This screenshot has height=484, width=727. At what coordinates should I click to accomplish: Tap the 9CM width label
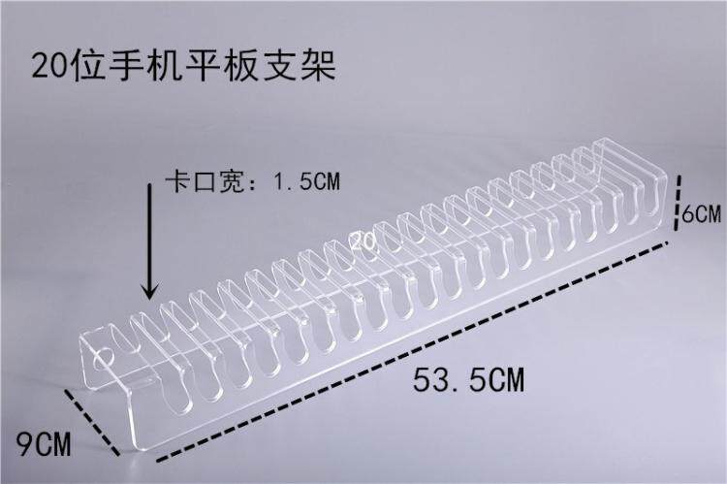(44, 443)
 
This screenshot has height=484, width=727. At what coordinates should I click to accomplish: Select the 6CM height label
(702, 214)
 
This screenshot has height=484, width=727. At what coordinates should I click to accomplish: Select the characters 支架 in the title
(300, 66)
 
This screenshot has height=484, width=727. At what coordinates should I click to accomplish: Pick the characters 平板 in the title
(222, 66)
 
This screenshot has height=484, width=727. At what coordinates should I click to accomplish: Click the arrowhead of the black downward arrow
(149, 291)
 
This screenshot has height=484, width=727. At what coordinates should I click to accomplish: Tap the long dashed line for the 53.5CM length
(413, 351)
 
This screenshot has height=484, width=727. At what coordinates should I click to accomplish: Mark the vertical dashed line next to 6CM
(678, 202)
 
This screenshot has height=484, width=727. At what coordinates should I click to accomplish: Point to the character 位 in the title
(88, 66)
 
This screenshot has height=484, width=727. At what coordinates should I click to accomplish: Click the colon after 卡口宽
(253, 182)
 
